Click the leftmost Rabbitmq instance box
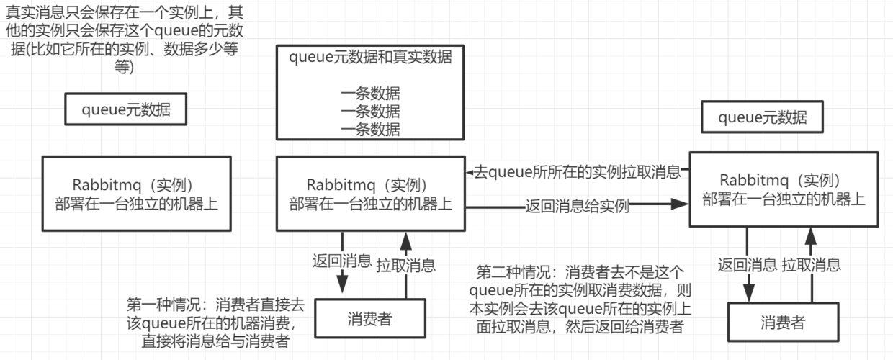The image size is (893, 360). (136, 193)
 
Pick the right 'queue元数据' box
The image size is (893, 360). (763, 117)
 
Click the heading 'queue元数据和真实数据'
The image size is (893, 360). (370, 58)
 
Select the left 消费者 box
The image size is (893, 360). (369, 320)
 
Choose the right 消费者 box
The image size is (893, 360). (782, 322)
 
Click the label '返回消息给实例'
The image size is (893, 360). (577, 206)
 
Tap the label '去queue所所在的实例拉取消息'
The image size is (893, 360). (577, 172)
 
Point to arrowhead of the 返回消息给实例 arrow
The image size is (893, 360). (680, 204)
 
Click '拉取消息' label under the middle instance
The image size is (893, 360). (405, 265)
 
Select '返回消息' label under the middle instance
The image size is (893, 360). (341, 261)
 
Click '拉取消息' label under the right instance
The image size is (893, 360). (811, 264)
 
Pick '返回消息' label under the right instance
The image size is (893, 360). (747, 264)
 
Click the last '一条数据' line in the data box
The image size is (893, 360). (370, 129)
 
